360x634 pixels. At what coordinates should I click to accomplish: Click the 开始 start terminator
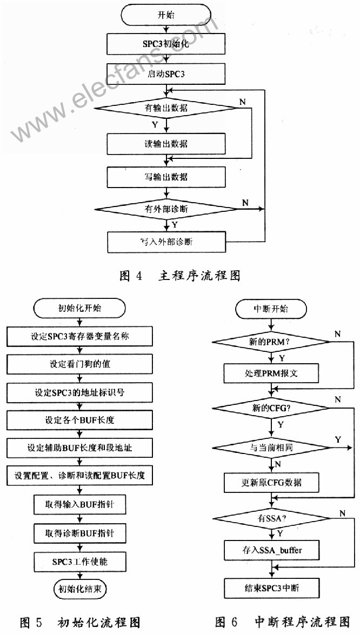[166, 14]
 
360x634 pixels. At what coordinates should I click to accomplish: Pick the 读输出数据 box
[166, 144]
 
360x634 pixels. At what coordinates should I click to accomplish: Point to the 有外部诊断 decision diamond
[166, 208]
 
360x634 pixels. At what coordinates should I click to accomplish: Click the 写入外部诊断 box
[166, 241]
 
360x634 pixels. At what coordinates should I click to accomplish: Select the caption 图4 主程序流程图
[179, 276]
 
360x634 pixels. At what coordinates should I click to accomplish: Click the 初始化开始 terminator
[79, 309]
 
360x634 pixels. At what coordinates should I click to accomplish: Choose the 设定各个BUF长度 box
[79, 420]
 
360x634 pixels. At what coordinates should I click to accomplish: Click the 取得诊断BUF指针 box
[79, 533]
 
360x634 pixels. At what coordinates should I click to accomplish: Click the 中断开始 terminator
[271, 309]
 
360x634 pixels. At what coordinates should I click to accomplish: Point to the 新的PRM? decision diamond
[271, 342]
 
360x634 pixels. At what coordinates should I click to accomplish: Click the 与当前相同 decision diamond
[271, 448]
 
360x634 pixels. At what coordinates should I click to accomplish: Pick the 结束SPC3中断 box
[271, 588]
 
